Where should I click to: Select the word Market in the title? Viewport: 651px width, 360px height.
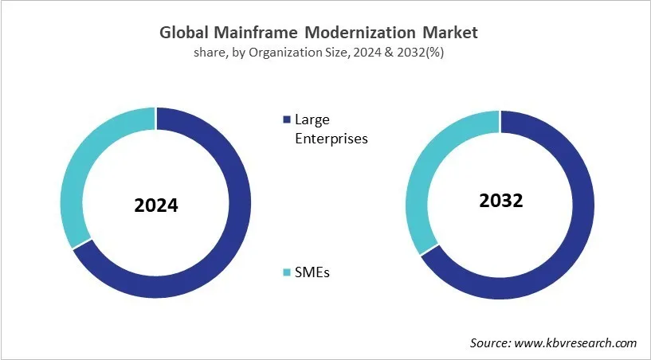click(x=449, y=33)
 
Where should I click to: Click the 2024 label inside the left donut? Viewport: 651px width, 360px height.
click(x=156, y=205)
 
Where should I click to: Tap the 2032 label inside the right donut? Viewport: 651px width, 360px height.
click(x=500, y=201)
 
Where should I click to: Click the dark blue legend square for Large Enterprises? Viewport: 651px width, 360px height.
click(x=287, y=120)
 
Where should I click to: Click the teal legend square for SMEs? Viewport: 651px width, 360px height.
click(x=287, y=272)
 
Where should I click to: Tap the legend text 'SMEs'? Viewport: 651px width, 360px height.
click(x=313, y=272)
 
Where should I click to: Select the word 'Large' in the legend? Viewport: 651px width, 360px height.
click(x=312, y=120)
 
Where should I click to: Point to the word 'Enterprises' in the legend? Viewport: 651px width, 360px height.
click(x=331, y=138)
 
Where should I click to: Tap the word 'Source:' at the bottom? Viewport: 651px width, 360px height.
click(x=489, y=342)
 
